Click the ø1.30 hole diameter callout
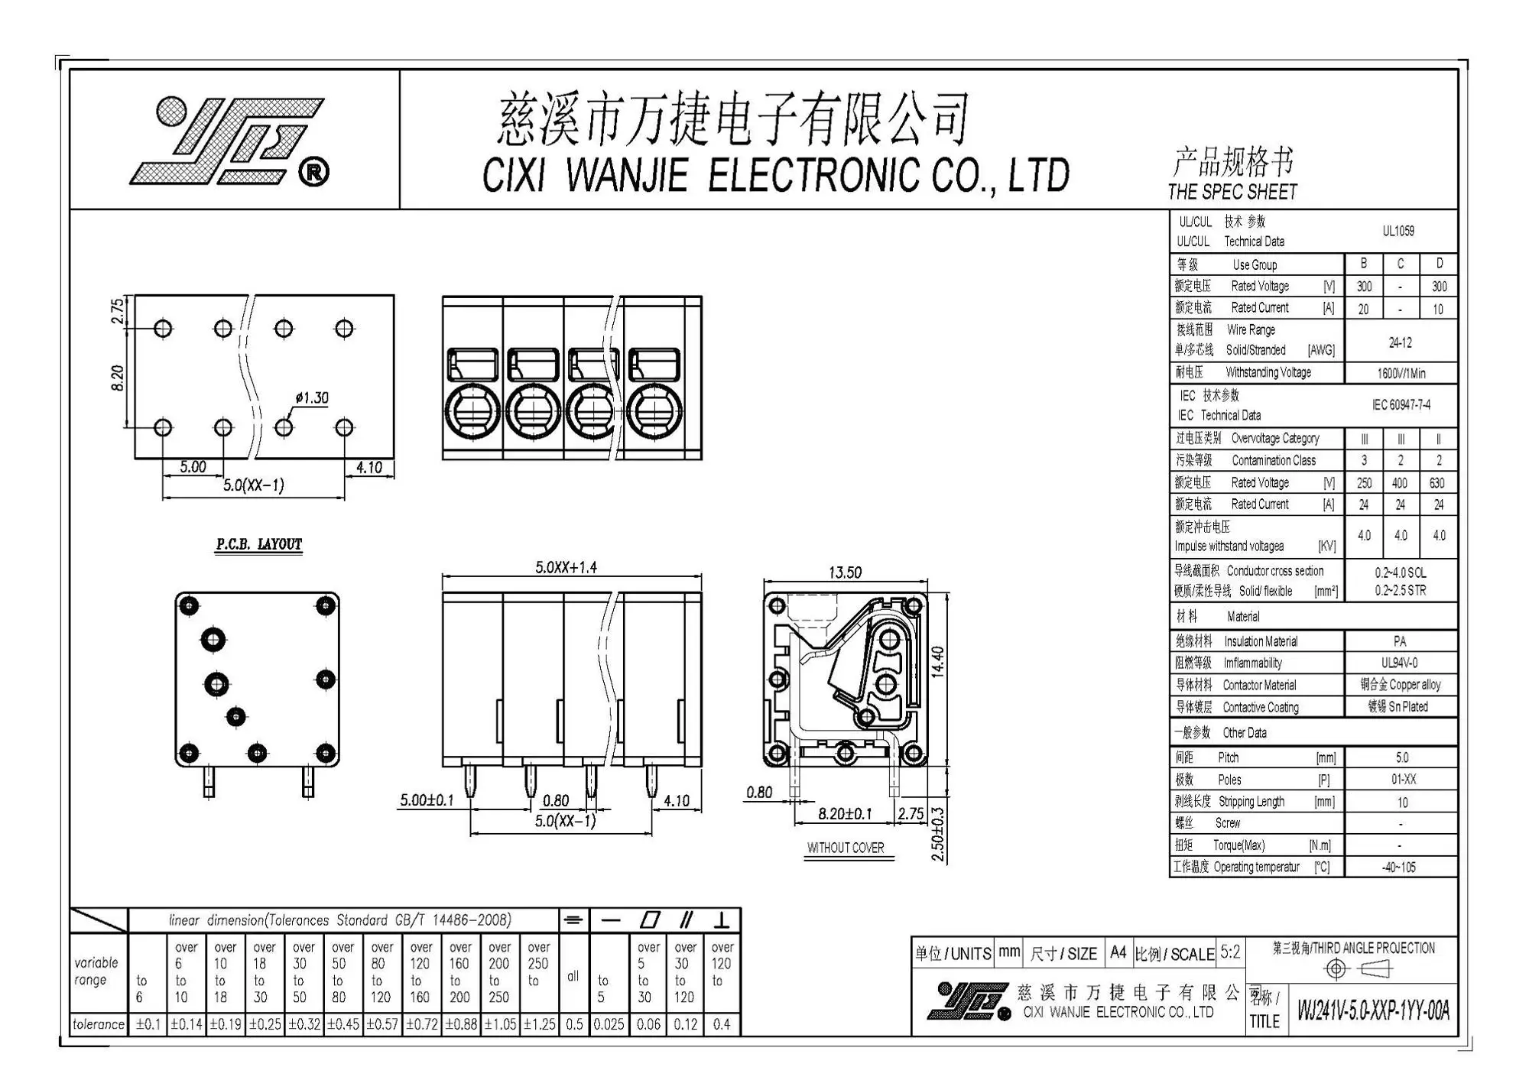[x=312, y=398]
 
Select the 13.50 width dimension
[x=845, y=572]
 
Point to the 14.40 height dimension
[x=938, y=662]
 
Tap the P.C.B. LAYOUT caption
[x=259, y=544]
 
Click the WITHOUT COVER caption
[x=846, y=848]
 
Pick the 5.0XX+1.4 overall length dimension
[x=566, y=567]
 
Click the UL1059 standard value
[x=1398, y=231]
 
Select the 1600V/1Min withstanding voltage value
[x=1401, y=374]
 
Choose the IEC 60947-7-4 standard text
[x=1401, y=405]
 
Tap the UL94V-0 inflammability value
[x=1399, y=663]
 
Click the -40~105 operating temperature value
[x=1399, y=868]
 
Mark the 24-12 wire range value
[x=1401, y=343]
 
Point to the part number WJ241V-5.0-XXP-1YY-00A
[x=1373, y=1010]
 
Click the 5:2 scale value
[x=1230, y=952]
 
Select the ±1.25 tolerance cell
[x=539, y=1024]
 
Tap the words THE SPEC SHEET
[x=1232, y=192]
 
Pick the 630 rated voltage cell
[x=1437, y=483]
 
